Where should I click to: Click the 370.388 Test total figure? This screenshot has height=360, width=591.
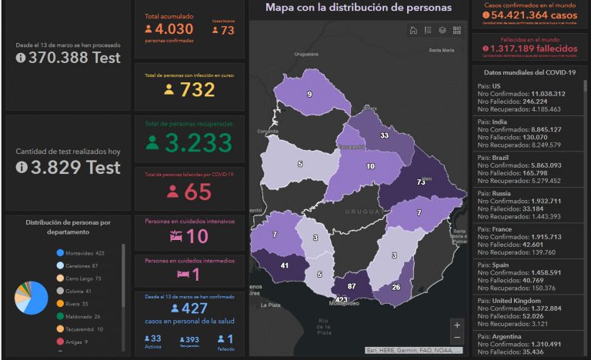coord(74,57)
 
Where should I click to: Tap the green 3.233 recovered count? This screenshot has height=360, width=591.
coord(197,143)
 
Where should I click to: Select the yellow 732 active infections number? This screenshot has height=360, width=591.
coord(197,90)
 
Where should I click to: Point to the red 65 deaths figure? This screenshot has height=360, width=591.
coord(198,192)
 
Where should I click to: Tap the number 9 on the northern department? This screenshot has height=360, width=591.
coord(309,94)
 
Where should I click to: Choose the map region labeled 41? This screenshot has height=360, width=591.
coord(284,265)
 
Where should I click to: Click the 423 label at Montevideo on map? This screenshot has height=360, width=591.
coord(341,299)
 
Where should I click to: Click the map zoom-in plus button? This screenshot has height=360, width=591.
coord(457,325)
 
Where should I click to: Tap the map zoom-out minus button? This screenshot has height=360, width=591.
coord(457,338)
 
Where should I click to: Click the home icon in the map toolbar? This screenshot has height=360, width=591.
coord(413,31)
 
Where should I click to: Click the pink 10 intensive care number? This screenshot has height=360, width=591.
coord(197,236)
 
